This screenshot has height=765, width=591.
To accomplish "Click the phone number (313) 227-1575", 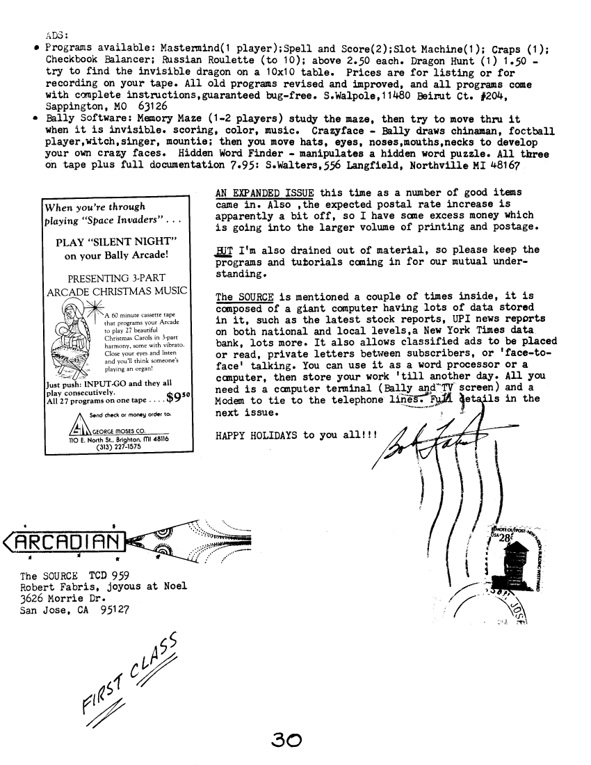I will coord(108,447).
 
